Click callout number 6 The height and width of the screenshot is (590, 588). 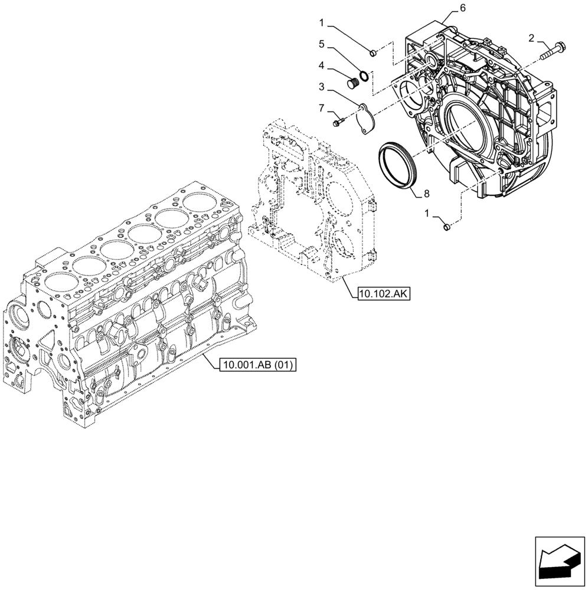point(463,8)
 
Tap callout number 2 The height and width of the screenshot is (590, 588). point(532,38)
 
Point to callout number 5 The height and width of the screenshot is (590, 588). point(321,44)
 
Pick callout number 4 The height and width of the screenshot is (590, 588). point(321,66)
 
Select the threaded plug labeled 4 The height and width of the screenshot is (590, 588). point(353,82)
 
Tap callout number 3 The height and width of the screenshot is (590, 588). point(321,87)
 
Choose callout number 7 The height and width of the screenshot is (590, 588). point(321,109)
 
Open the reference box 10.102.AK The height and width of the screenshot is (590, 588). point(383,292)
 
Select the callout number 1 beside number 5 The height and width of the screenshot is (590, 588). point(321,23)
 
